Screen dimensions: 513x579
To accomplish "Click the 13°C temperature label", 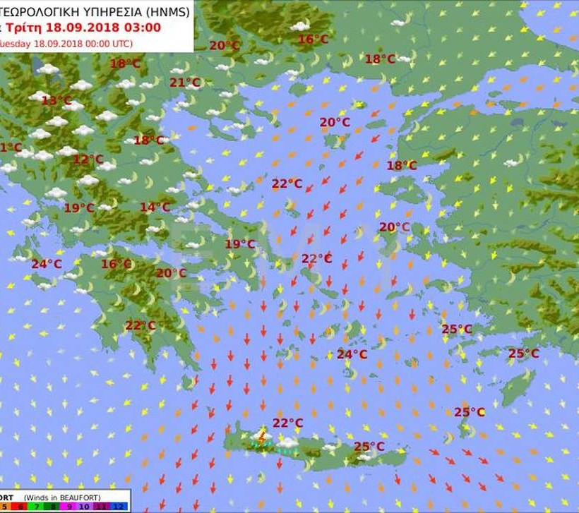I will coord(56,101).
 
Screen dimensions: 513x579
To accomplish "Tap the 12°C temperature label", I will coord(88,159).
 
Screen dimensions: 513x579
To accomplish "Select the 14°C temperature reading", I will coord(155,207).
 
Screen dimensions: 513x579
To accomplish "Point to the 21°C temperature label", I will coord(185,83).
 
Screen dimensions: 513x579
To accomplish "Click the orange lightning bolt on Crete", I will coord(262,437).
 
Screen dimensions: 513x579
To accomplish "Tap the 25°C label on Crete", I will coord(369,447).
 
